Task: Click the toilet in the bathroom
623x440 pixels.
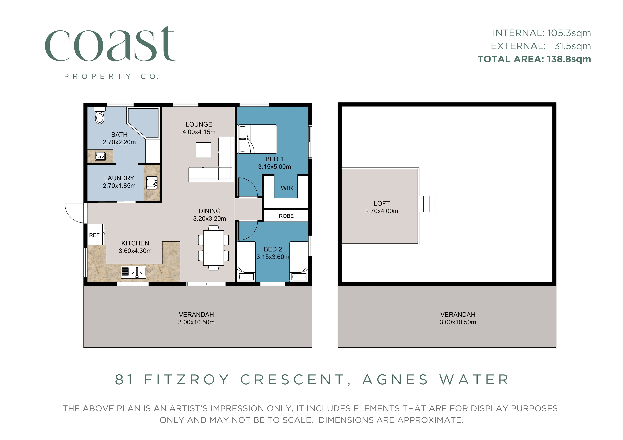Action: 100,115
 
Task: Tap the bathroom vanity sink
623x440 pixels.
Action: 100,156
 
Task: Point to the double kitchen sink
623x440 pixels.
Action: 134,272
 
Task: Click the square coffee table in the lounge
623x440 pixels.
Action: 203,150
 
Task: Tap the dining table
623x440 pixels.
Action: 214,248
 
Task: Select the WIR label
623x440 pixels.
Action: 287,188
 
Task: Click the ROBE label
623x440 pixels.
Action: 286,216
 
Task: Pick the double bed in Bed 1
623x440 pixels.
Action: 257,139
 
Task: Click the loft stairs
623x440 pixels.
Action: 426,204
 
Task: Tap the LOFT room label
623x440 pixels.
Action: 382,204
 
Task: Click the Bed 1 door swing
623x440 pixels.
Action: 248,187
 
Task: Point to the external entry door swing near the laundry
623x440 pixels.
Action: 75,213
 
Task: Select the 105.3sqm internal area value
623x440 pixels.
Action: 569,33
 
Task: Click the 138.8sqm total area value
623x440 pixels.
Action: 569,59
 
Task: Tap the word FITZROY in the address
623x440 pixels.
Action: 187,380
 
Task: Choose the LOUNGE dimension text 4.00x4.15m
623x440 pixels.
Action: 199,132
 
